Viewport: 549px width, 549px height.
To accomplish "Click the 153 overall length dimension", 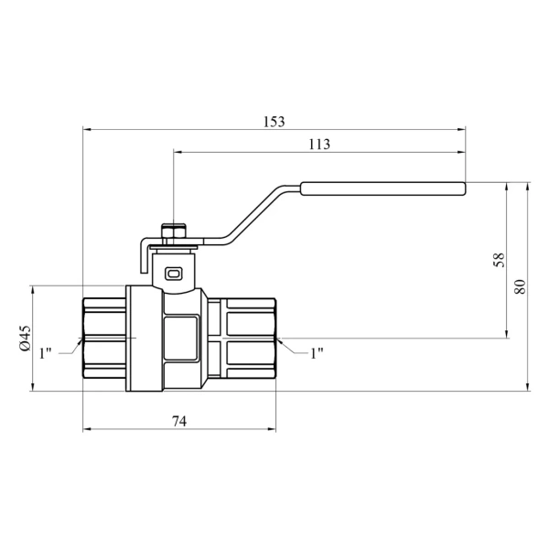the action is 274,122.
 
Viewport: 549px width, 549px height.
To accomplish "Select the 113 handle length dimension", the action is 319,145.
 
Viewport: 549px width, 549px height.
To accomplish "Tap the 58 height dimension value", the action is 499,260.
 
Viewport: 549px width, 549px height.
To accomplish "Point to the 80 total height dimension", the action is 520,286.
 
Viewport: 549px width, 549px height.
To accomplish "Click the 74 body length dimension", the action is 179,421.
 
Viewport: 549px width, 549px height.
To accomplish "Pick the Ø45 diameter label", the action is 26,338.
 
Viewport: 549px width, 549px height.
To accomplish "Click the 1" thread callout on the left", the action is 45,353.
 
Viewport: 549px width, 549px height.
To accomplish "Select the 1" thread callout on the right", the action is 317,353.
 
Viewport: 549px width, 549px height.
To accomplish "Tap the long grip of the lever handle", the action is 383,188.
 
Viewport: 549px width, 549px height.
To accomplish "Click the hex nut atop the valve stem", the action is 174,231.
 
